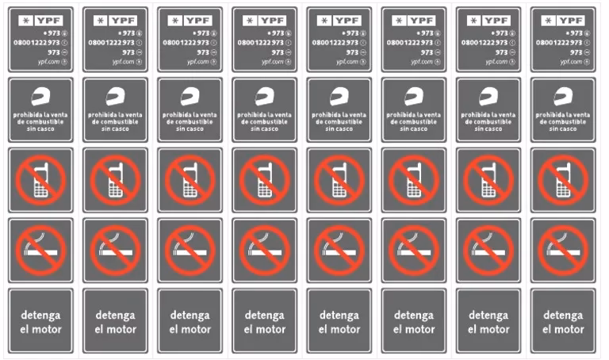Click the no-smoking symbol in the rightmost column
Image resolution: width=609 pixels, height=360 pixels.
point(562,248)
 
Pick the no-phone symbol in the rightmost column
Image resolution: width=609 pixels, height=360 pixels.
point(562,178)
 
